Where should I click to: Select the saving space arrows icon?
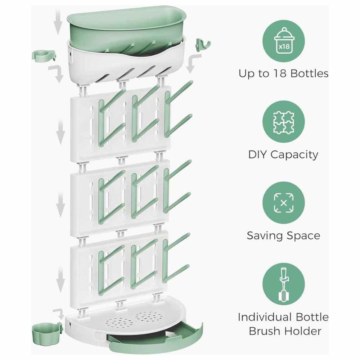tap(284, 203)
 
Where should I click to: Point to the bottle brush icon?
tap(283, 284)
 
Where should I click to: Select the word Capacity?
tap(294, 155)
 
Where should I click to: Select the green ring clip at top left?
tap(44, 56)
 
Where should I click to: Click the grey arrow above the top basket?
tap(58, 22)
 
